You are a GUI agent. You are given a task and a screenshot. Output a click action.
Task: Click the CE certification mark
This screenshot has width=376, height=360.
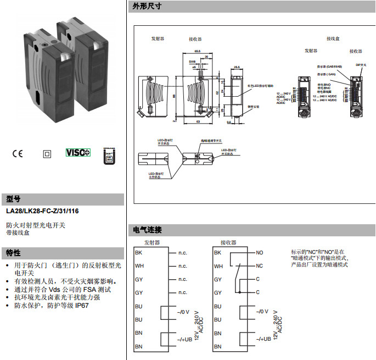17,153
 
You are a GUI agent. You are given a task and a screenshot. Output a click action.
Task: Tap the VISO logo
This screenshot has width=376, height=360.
77,153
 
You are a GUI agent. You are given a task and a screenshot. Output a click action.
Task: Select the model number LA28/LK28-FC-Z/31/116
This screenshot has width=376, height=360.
42,211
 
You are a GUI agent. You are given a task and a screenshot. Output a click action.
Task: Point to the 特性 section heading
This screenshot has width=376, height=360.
13,253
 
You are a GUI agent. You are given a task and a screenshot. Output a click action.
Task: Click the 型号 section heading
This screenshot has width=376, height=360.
13,198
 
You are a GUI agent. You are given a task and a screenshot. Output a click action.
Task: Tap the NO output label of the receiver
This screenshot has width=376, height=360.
260,253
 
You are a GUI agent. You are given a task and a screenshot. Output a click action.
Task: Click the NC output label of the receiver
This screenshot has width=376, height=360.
260,266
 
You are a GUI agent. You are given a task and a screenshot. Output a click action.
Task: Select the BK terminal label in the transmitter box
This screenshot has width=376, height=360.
138,253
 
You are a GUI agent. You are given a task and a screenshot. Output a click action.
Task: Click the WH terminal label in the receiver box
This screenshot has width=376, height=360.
218,266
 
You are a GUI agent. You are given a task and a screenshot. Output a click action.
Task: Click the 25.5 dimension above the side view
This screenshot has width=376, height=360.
237,67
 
